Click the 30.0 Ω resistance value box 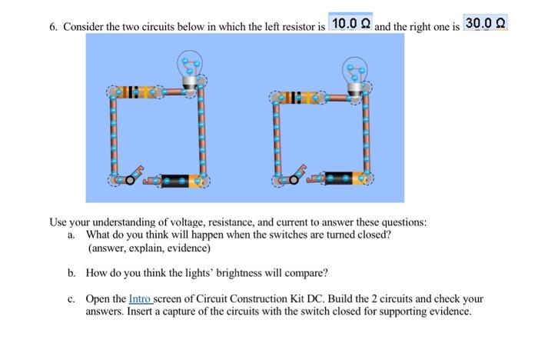pyautogui.click(x=486, y=24)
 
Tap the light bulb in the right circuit pyautogui.click(x=354, y=72)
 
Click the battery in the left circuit pyautogui.click(x=183, y=182)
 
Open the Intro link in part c pyautogui.click(x=141, y=298)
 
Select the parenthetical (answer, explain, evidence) pyautogui.click(x=149, y=248)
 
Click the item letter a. pyautogui.click(x=71, y=235)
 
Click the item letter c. pyautogui.click(x=71, y=298)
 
